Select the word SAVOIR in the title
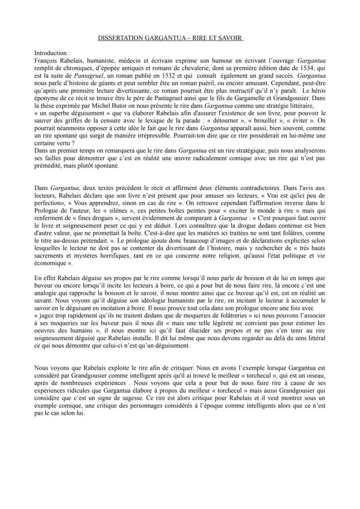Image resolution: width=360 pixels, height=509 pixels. (230, 39)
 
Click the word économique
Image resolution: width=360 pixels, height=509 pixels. (50, 263)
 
